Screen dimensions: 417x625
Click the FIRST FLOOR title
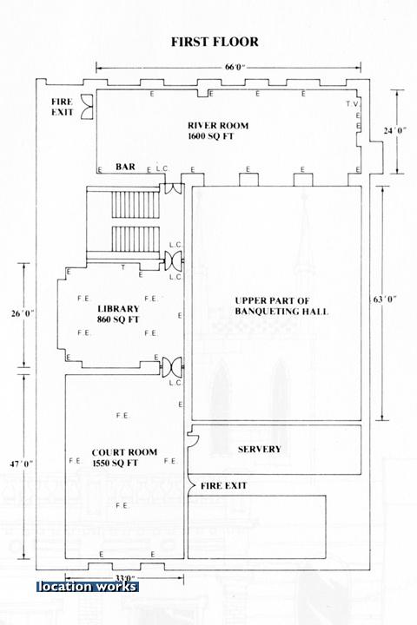pyautogui.click(x=215, y=42)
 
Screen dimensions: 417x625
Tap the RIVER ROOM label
pyautogui.click(x=218, y=126)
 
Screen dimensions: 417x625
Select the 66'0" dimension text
pyautogui.click(x=235, y=67)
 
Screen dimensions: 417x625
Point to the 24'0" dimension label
pyautogui.click(x=395, y=130)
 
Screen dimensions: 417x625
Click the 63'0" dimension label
pyautogui.click(x=385, y=299)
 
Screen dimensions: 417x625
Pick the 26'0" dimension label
pyautogui.click(x=23, y=313)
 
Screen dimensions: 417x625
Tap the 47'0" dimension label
pyautogui.click(x=21, y=464)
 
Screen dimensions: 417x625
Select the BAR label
pyautogui.click(x=125, y=167)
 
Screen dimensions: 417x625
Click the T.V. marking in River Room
pyautogui.click(x=354, y=104)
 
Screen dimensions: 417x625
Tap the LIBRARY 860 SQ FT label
pyautogui.click(x=118, y=314)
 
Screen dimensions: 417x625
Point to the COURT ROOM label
pyautogui.click(x=124, y=453)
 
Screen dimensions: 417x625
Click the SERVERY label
pyautogui.click(x=260, y=450)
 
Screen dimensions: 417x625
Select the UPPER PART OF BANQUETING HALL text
pyautogui.click(x=281, y=306)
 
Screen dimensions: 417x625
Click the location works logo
pyautogui.click(x=88, y=586)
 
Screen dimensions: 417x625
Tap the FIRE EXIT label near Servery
pyautogui.click(x=223, y=486)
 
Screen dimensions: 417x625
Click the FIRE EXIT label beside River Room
pyautogui.click(x=63, y=108)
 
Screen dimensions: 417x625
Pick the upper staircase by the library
pyautogui.click(x=136, y=204)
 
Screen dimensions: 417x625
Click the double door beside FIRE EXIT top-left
pyautogui.click(x=87, y=107)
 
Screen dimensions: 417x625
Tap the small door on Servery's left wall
pyautogui.click(x=194, y=439)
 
